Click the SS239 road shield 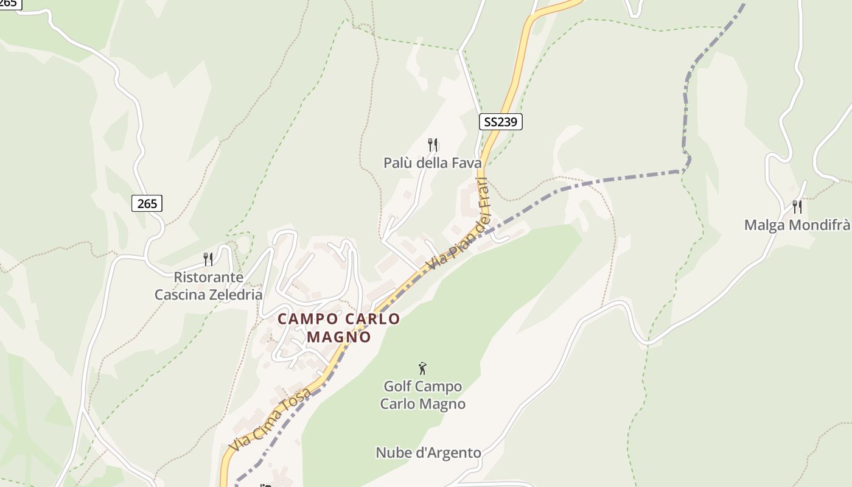click(x=500, y=122)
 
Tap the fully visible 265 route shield click(x=147, y=203)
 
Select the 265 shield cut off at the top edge click(x=9, y=3)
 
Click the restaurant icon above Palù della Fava click(x=433, y=145)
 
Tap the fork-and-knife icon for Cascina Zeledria click(x=208, y=259)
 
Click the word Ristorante click(x=200, y=278)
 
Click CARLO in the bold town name click(x=372, y=319)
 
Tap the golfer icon click(x=422, y=368)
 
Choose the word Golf click(x=397, y=387)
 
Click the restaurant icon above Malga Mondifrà click(x=797, y=207)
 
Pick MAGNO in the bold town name click(x=339, y=337)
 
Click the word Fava click(x=466, y=163)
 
